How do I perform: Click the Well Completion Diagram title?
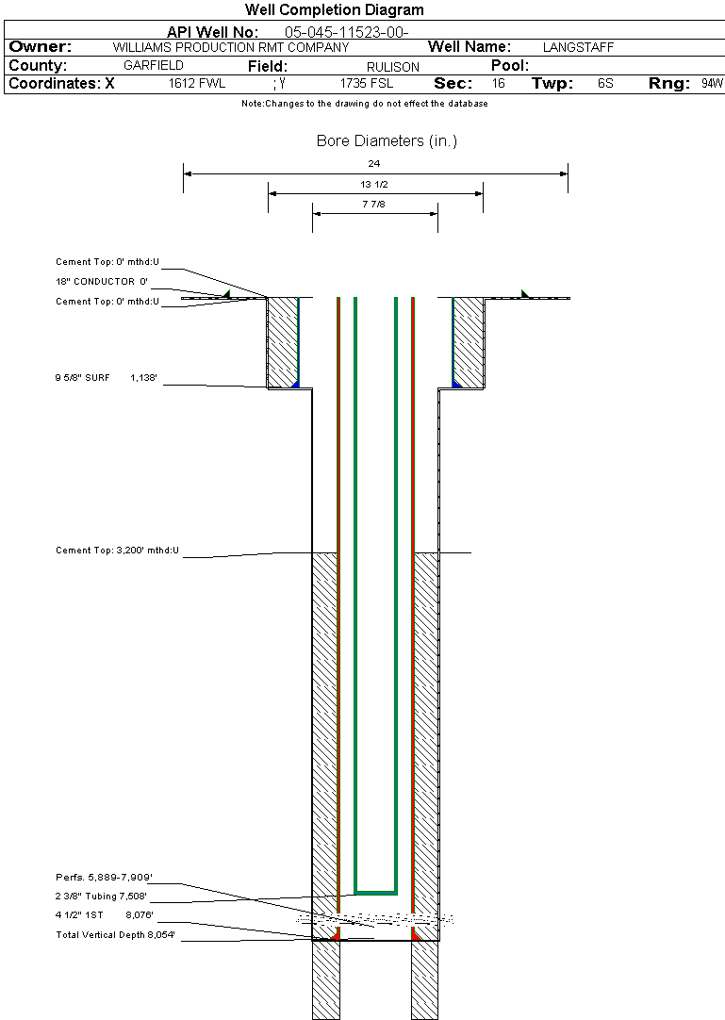click(x=334, y=9)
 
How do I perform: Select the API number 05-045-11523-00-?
click(x=346, y=33)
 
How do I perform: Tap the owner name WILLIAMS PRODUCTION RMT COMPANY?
click(x=231, y=47)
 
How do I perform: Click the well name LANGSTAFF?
click(x=578, y=47)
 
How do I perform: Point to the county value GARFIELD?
click(x=154, y=65)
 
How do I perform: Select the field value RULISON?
click(x=393, y=67)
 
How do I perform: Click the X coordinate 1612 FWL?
click(x=197, y=83)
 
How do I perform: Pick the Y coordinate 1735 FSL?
click(x=367, y=83)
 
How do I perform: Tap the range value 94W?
click(x=712, y=83)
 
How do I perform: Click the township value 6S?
click(x=605, y=83)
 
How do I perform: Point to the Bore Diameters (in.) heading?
click(x=387, y=141)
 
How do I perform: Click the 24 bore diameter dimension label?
click(x=374, y=163)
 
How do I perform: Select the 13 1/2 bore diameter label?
click(x=374, y=184)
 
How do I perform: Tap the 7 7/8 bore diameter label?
click(x=373, y=204)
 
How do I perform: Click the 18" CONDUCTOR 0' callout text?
click(x=102, y=282)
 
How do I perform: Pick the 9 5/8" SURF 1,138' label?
click(x=107, y=377)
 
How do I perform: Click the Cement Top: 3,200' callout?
click(x=117, y=551)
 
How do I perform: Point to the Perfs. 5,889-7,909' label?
click(x=104, y=878)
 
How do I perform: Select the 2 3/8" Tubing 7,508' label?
click(x=101, y=897)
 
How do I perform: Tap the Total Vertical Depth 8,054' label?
click(x=115, y=935)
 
